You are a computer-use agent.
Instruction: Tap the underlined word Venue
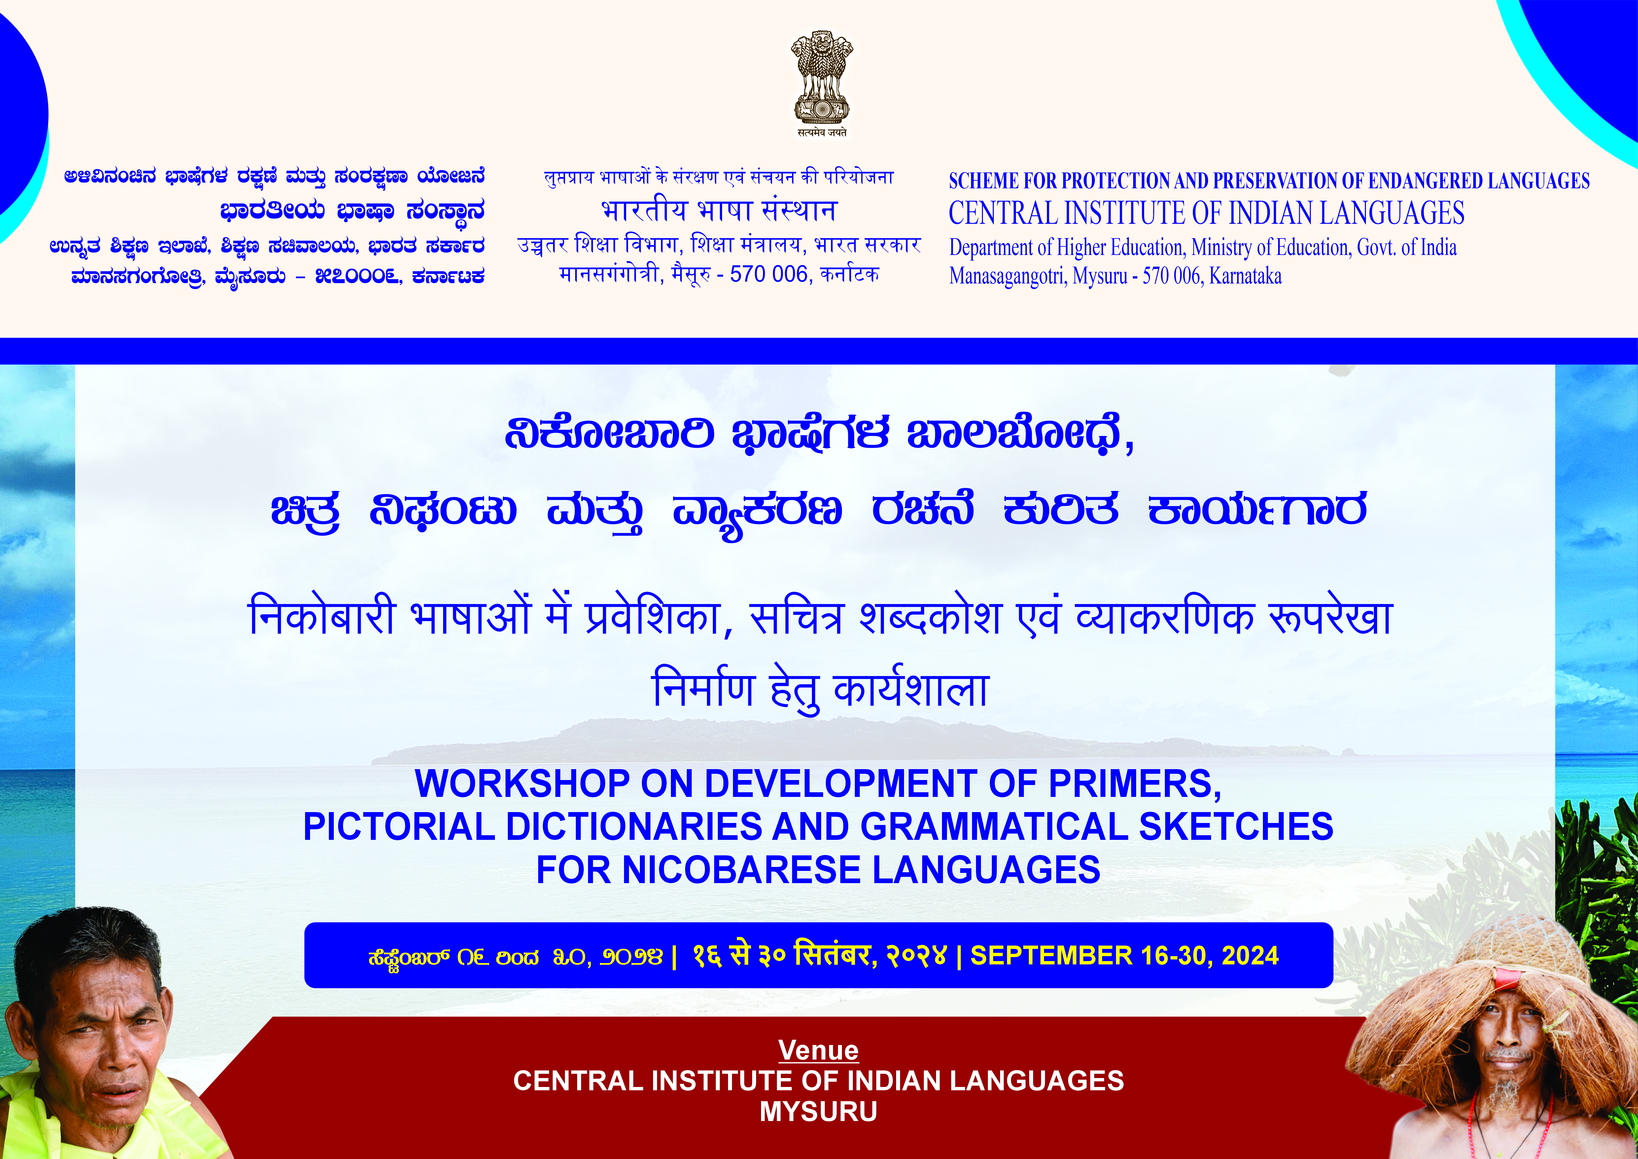[818, 1050]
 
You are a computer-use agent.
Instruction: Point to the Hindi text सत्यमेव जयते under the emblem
[822, 133]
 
